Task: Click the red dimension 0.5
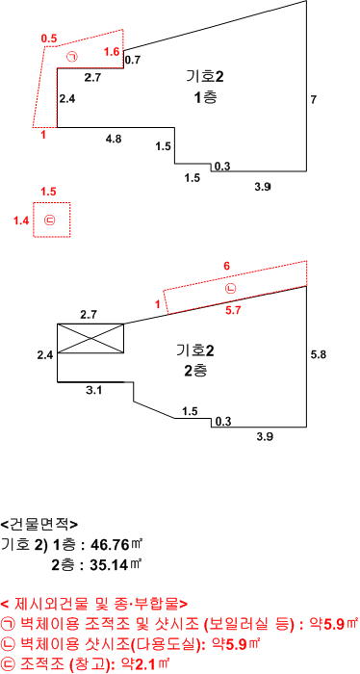49,39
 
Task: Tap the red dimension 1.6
112,52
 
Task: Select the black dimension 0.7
133,60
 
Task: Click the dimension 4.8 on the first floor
114,139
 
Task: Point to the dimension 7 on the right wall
313,100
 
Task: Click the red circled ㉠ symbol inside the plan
72,56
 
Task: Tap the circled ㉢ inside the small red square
50,220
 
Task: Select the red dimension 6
227,266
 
